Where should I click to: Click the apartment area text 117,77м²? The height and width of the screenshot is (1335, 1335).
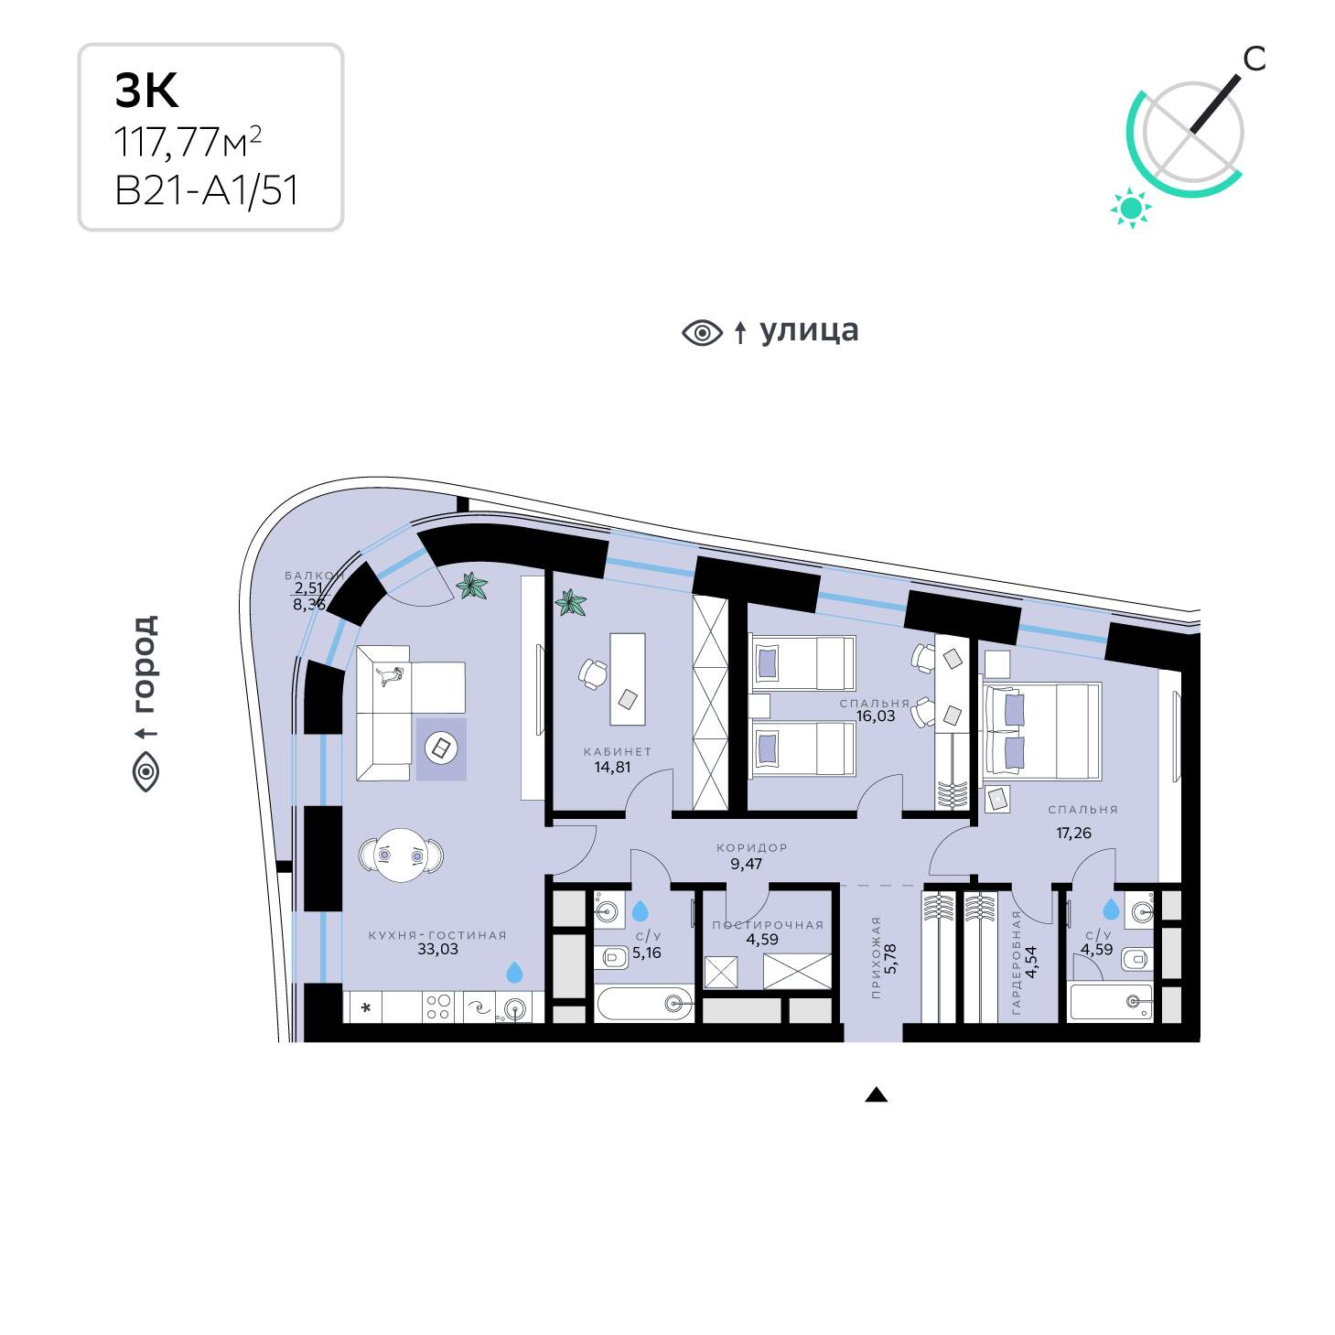(x=188, y=142)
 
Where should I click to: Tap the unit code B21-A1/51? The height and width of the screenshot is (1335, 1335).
(x=207, y=190)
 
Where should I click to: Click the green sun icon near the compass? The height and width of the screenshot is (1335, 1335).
(x=1131, y=207)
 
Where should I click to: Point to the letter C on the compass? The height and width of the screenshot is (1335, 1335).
(x=1254, y=59)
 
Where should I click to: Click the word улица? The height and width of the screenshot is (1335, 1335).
(x=809, y=331)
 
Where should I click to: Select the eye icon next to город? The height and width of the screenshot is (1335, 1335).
(x=146, y=771)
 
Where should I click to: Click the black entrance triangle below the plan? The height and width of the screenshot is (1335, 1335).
(x=877, y=1094)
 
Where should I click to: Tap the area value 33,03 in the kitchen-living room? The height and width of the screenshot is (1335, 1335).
(x=437, y=949)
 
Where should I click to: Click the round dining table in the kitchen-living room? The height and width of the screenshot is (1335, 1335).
(x=401, y=856)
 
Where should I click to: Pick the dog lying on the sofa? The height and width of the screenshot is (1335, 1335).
(x=389, y=674)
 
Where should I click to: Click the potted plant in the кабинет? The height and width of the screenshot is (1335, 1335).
(x=570, y=602)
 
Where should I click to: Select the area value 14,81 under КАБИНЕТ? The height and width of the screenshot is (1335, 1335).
(x=612, y=767)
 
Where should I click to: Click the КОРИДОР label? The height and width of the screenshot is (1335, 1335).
(x=751, y=847)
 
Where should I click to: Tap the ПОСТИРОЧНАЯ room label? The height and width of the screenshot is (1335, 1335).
(x=768, y=925)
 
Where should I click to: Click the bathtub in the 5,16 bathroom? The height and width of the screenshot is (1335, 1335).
(x=644, y=1003)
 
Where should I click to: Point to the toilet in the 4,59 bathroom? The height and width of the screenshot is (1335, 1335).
(x=1136, y=960)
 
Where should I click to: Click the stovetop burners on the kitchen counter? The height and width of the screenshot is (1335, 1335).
(x=438, y=1007)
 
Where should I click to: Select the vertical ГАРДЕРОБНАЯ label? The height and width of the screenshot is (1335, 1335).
(x=1017, y=963)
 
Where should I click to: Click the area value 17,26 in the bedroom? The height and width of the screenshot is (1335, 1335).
(x=1073, y=833)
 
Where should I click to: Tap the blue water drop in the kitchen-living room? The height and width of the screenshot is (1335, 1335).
(x=514, y=972)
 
